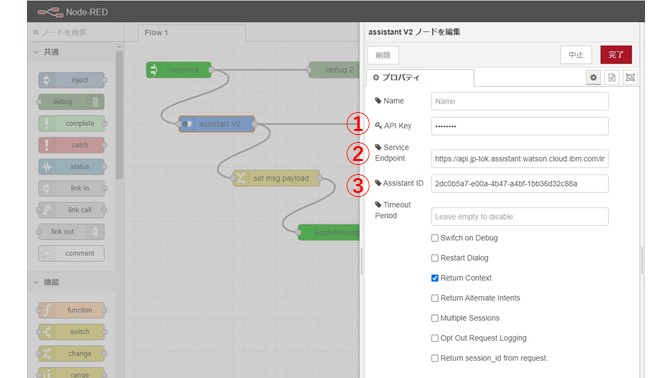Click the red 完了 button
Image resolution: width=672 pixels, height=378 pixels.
click(616, 55)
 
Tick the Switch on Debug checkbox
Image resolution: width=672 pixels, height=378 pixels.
click(434, 238)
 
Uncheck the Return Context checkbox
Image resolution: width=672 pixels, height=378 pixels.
click(434, 278)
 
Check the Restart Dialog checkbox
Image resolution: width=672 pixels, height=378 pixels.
click(434, 258)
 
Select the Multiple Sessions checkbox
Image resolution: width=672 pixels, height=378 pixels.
click(434, 318)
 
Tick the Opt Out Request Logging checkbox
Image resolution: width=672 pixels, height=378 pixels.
click(434, 338)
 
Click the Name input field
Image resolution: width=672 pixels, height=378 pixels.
click(519, 101)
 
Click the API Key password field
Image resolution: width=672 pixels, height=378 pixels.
click(519, 126)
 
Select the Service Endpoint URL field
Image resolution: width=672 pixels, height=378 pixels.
click(519, 158)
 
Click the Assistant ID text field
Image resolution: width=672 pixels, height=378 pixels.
click(519, 184)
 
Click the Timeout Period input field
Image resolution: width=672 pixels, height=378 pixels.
click(519, 216)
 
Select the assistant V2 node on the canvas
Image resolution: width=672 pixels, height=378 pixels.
click(217, 124)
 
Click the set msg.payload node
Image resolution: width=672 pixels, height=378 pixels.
click(277, 178)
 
